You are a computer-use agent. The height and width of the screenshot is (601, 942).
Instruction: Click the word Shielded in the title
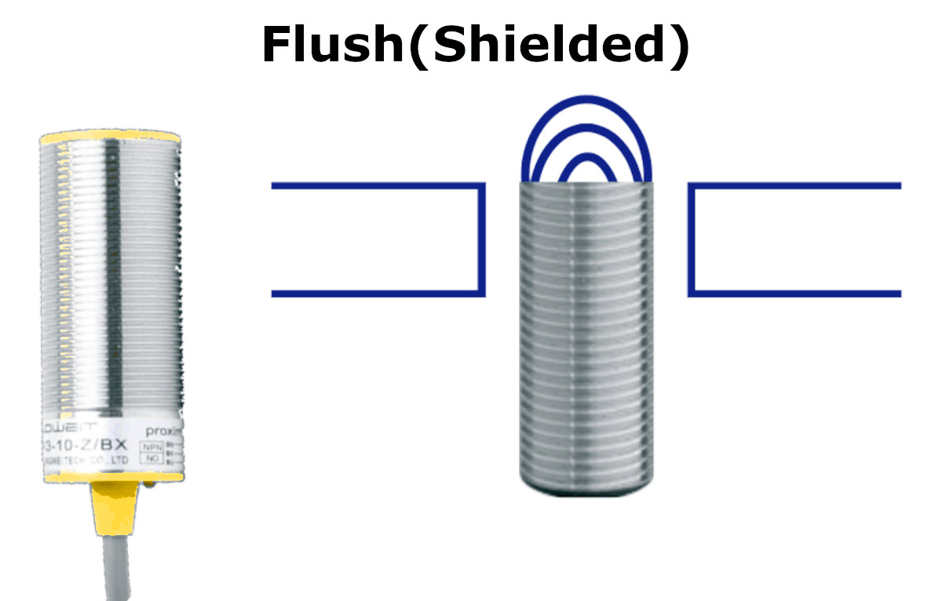click(x=541, y=45)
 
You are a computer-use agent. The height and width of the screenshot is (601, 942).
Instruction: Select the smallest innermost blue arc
click(x=587, y=157)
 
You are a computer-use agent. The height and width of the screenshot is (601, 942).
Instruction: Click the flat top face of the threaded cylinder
click(x=587, y=184)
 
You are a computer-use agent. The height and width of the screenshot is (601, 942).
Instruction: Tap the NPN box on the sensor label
click(x=151, y=446)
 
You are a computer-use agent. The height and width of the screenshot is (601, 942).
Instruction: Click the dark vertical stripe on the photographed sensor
click(x=115, y=275)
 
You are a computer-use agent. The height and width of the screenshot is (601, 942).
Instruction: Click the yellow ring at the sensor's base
click(x=111, y=475)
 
